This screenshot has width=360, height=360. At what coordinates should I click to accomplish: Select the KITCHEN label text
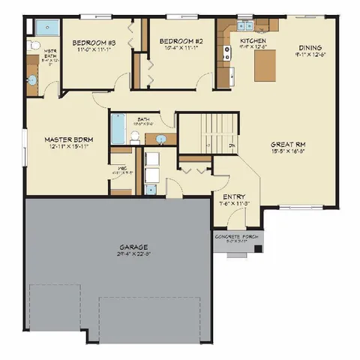click(250, 40)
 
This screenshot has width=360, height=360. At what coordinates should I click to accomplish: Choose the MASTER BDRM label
click(68, 139)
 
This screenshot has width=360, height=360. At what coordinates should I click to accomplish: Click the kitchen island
click(265, 67)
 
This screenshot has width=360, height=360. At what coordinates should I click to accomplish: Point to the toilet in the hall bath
click(135, 136)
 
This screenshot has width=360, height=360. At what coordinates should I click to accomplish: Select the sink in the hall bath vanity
click(160, 139)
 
